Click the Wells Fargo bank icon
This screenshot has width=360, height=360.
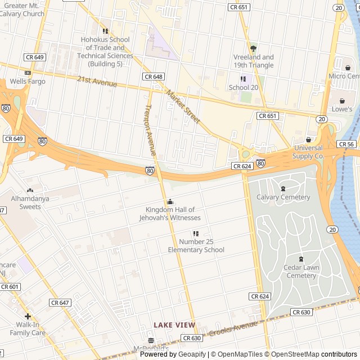28,73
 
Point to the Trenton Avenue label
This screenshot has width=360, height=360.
150,130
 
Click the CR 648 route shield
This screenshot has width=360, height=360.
154,76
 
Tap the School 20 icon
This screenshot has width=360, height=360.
243,79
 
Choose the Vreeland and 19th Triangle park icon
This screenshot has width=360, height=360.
253,48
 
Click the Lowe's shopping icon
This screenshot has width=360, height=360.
341,101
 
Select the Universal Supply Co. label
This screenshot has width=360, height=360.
308,151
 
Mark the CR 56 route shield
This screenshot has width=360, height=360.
346,145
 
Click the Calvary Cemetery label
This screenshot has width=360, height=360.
283,197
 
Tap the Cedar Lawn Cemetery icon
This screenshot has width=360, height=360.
301,259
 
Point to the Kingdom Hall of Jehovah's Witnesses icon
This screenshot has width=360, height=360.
170,202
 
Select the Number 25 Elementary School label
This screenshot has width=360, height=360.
196,246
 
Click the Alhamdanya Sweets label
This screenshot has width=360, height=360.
26,203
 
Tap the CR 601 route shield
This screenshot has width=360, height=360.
10,287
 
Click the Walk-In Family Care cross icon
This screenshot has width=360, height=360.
28,317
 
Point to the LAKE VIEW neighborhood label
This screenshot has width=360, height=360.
175,325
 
